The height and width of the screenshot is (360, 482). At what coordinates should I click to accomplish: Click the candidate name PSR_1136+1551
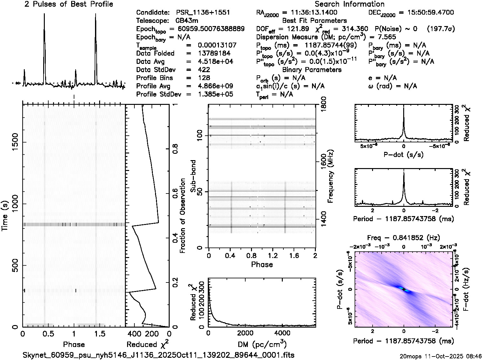pyautogui.click(x=203, y=13)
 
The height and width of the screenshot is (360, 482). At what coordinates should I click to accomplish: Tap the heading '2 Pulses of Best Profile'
pyautogui.click(x=69, y=4)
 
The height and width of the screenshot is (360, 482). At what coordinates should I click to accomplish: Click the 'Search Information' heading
pyautogui.click(x=349, y=4)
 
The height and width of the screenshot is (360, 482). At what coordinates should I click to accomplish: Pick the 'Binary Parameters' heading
pyautogui.click(x=312, y=70)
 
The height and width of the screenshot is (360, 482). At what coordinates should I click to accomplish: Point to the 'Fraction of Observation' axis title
pyautogui.click(x=183, y=216)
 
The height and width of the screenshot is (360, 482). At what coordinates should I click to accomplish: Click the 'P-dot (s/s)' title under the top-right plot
pyautogui.click(x=404, y=155)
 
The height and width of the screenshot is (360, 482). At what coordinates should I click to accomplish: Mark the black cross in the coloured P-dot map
pyautogui.click(x=404, y=289)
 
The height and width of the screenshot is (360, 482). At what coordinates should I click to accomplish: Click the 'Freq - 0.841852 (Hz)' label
pyautogui.click(x=404, y=238)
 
